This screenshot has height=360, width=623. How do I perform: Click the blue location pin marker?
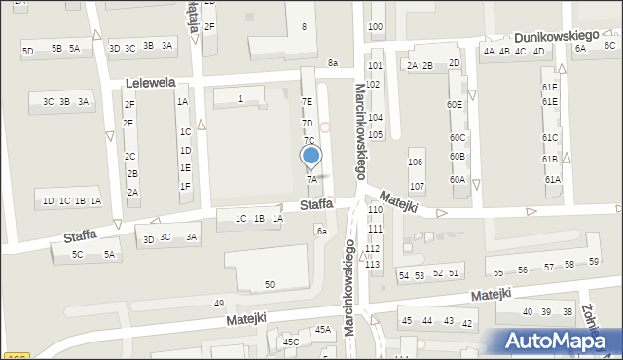click(311, 156)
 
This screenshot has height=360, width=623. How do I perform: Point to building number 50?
click(270, 284)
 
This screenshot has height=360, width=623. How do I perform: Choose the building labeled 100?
click(375, 26)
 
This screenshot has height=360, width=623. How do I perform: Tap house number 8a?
click(333, 63)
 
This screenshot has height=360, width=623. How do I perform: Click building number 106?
click(416, 162)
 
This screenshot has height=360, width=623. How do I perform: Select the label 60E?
click(455, 104)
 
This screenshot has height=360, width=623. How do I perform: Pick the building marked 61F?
click(550, 87)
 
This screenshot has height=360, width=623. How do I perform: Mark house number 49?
click(219, 304)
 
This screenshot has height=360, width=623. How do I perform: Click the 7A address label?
click(311, 179)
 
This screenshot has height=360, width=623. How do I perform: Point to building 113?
click(373, 264)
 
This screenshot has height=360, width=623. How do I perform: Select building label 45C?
click(291, 342)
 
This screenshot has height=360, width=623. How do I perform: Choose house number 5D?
click(28, 51)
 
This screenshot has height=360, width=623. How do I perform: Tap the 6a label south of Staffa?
click(320, 231)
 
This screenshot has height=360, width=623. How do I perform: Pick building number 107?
click(417, 186)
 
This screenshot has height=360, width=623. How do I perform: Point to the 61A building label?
click(552, 180)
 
